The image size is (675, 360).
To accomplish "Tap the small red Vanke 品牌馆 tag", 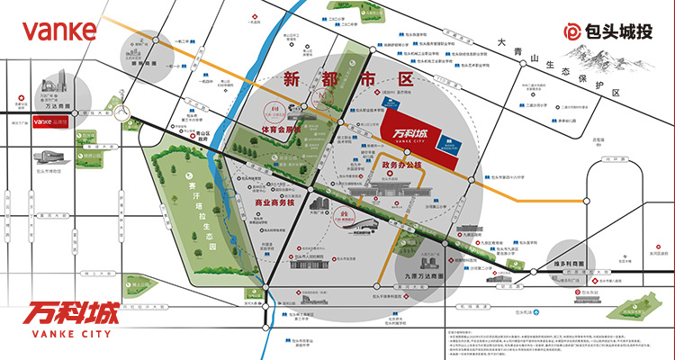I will [x=49, y=121].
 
